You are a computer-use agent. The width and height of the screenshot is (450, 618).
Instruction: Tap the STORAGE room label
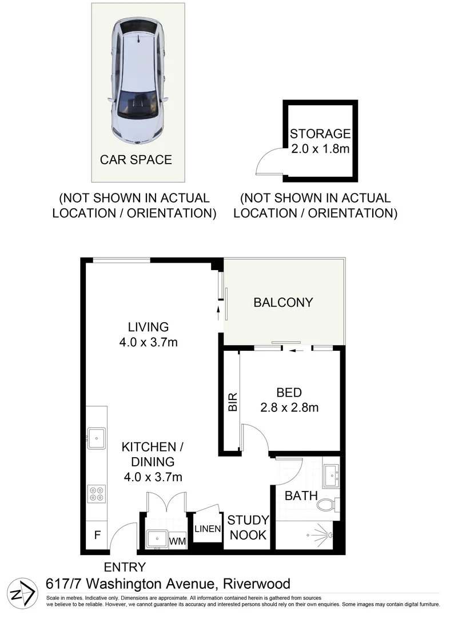[x=320, y=134]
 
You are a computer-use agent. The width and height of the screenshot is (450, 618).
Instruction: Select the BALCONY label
[x=283, y=302]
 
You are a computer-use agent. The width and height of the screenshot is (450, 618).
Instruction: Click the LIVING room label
[x=148, y=327]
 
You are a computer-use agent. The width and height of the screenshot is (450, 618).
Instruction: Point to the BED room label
[x=289, y=393]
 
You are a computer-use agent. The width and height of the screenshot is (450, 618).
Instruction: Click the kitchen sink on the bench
[x=96, y=438]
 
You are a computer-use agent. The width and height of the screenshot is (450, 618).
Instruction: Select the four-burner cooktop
[x=96, y=493]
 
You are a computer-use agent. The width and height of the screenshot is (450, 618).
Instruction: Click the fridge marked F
[x=97, y=536]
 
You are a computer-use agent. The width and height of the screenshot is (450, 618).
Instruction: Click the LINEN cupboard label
[x=207, y=529]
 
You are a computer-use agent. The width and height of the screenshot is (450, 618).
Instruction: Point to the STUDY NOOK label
[x=248, y=528]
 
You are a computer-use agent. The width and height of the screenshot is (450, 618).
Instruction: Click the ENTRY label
[x=125, y=567]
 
